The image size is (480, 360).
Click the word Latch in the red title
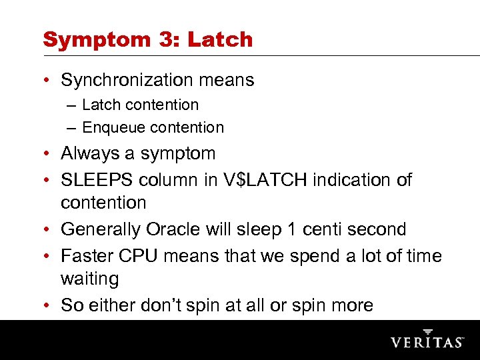[219, 39]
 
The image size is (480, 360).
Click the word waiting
[89, 279]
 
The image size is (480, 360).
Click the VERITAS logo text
[427, 341]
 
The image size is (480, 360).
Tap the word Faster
[89, 256]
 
